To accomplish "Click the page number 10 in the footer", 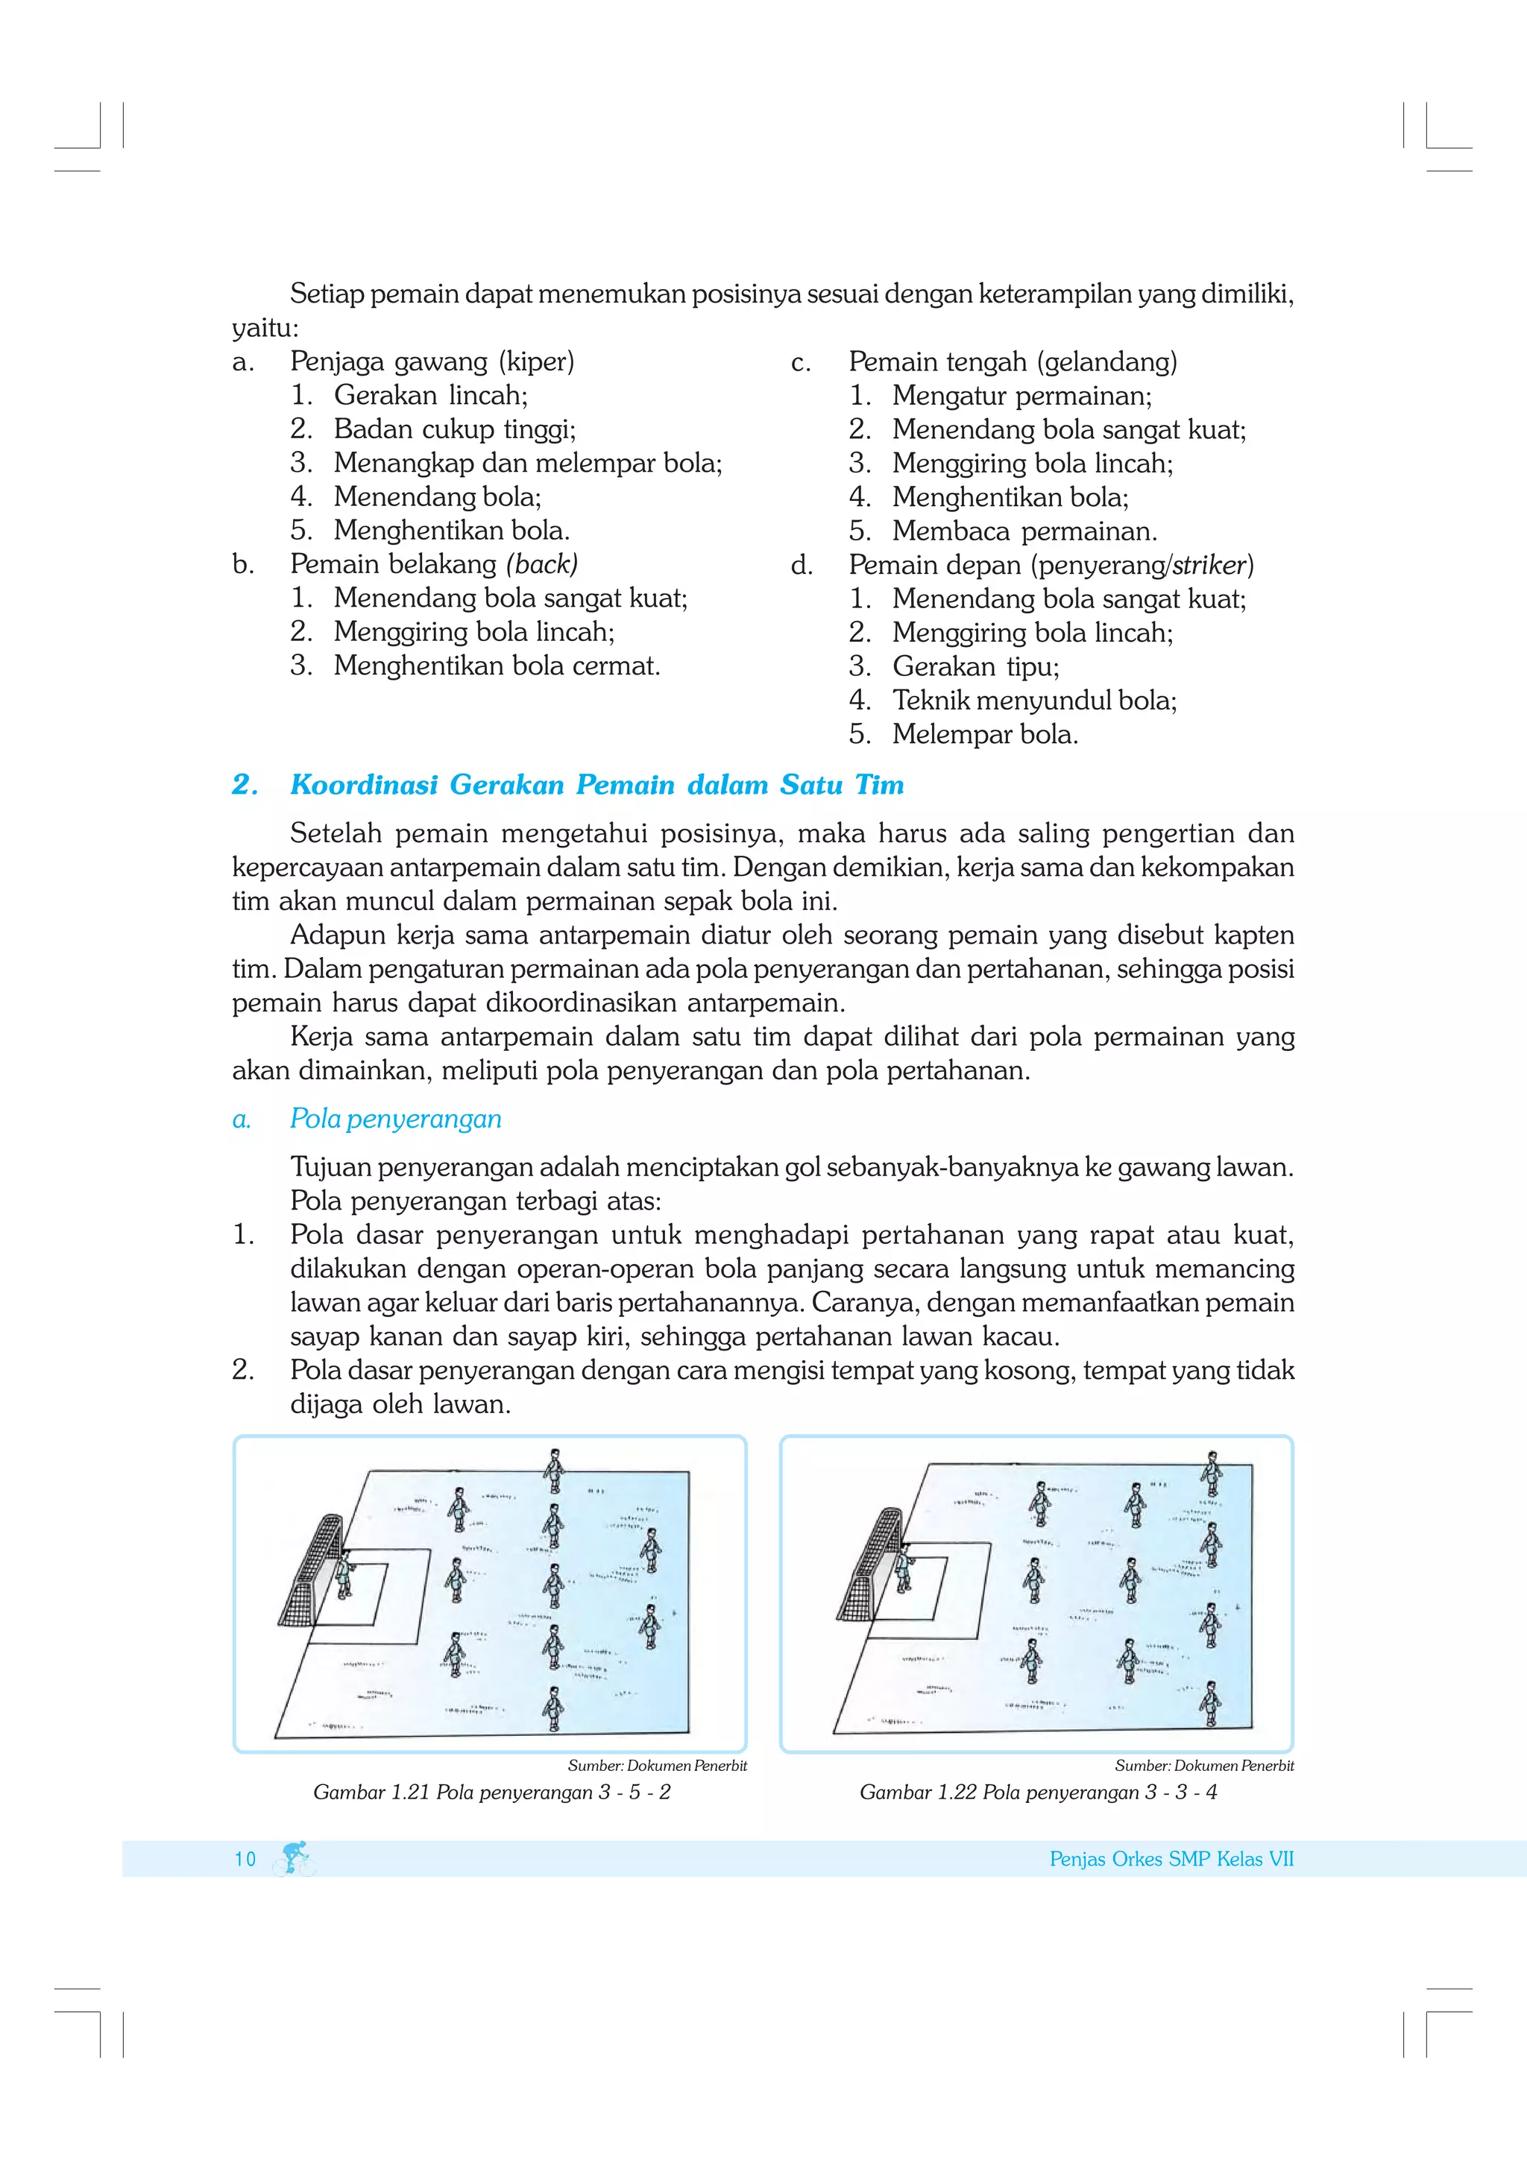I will [x=245, y=1859].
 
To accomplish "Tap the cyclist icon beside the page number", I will [x=295, y=1858].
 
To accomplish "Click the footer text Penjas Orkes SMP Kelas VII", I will [x=1171, y=1859].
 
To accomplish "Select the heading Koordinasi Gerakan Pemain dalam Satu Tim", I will [x=596, y=785].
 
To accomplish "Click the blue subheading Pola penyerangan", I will [x=395, y=1119].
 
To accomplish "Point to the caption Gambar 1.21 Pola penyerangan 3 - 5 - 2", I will [x=491, y=1792].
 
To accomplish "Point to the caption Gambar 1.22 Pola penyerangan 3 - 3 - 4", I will [x=1038, y=1792].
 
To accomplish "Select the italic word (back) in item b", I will [x=542, y=563].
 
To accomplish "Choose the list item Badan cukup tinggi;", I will [x=454, y=429].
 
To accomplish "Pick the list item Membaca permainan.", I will [x=1024, y=531].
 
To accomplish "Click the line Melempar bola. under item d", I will [x=984, y=734].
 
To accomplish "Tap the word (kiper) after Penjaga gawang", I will [x=536, y=361].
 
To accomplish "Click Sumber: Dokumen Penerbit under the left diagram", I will [x=657, y=1766].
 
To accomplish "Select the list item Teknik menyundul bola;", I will [x=1034, y=700].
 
